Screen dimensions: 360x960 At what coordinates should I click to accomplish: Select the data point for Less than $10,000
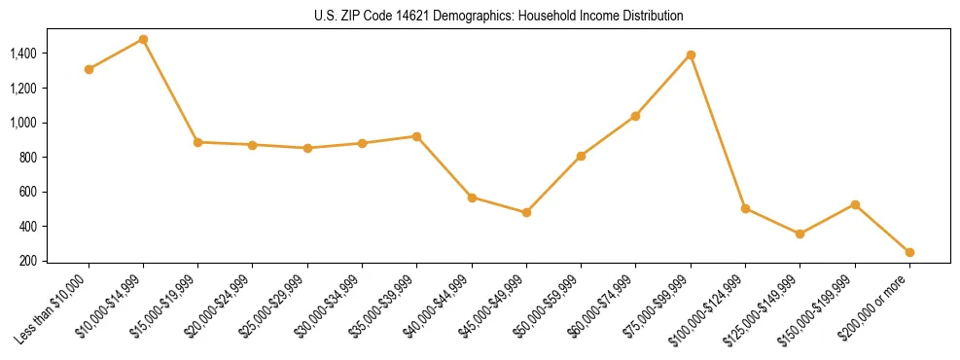coord(89,69)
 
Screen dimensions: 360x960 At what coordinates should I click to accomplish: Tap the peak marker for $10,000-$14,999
coord(143,40)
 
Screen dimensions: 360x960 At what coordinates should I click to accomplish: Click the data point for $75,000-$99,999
coord(691,54)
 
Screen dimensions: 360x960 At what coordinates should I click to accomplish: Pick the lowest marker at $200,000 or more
coord(909,252)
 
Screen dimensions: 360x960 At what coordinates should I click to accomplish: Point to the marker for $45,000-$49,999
coord(526,212)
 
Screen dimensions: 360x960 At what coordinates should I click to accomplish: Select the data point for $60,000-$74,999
coord(635,116)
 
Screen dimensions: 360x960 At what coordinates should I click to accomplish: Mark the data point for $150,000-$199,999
coord(855,204)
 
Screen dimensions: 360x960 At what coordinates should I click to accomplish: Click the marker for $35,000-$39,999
coord(416,136)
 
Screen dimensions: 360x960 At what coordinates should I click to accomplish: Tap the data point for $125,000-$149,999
coord(800,234)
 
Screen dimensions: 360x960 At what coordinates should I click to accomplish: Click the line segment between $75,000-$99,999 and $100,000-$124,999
coord(718,131)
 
